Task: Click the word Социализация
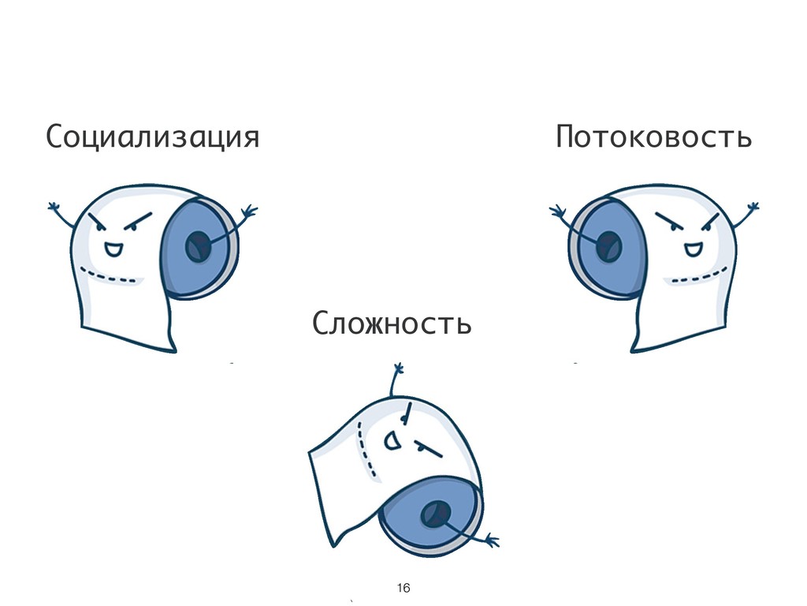152,137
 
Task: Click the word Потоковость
653,137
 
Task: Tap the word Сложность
392,323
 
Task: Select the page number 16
403,589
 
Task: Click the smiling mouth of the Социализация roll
113,250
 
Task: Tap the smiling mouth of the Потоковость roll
693,250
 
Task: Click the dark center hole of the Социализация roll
196,248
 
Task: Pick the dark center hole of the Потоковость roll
608,248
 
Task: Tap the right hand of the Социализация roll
250,212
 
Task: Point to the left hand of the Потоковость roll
557,211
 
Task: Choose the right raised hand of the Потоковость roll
753,208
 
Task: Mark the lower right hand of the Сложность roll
492,541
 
